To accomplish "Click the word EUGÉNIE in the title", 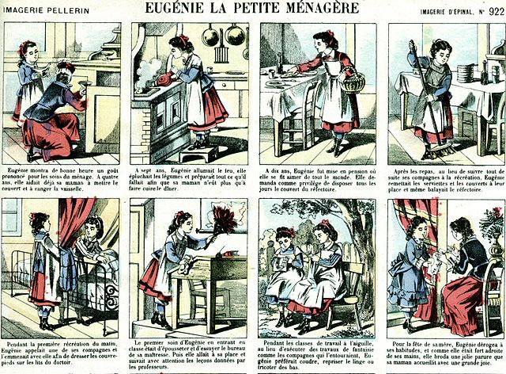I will tap(178, 10).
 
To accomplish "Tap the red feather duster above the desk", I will tap(225, 221).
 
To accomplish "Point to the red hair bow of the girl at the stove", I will tap(183, 40).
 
